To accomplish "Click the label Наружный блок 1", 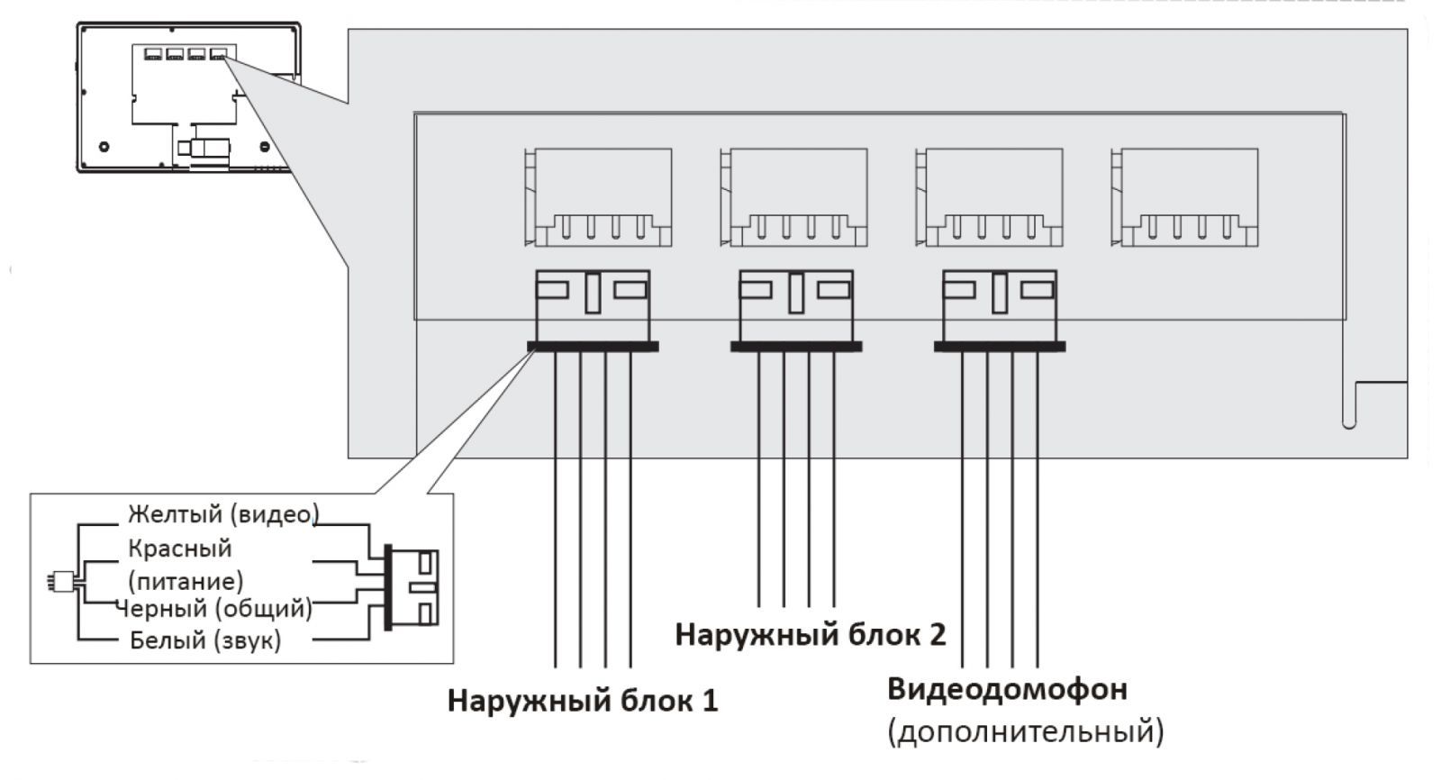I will (x=583, y=701).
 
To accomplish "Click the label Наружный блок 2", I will (x=810, y=635).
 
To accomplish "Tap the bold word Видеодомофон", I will (x=1007, y=690).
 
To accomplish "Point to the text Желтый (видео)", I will (x=223, y=514).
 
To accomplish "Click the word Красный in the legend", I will (x=180, y=549).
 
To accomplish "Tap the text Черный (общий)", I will (x=214, y=609).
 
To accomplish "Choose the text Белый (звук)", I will (x=205, y=640).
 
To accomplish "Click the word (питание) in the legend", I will (x=186, y=580).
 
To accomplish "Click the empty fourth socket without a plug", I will (x=1185, y=198).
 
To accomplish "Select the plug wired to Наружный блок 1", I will (x=593, y=309).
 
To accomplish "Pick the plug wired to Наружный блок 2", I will (x=796, y=309).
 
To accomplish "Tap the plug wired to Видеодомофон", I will (x=1000, y=309).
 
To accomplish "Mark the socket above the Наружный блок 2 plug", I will (x=794, y=198).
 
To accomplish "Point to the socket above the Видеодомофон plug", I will (x=990, y=198).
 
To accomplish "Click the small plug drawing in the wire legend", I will (x=414, y=587).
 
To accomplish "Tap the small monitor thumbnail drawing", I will (x=188, y=97).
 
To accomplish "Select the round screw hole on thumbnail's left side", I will (x=104, y=146).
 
